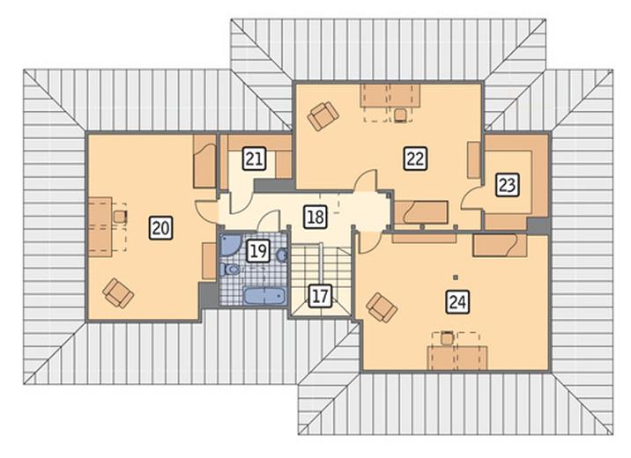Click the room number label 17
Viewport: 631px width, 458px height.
(320, 296)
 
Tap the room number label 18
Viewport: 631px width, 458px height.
(315, 217)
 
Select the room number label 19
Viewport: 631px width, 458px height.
(258, 251)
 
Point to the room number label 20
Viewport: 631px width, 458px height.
(161, 228)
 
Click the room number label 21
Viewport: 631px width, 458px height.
(255, 159)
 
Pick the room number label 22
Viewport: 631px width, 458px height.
(415, 158)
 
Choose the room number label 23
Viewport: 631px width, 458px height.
(507, 185)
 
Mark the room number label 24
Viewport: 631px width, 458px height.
(458, 301)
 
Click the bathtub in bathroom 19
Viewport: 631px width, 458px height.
(264, 296)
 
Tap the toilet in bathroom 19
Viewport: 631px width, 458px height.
(230, 269)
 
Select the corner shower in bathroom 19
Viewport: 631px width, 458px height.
(230, 245)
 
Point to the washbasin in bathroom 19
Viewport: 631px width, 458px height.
(282, 255)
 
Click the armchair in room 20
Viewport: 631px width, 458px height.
(118, 293)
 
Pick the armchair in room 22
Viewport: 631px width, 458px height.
(323, 116)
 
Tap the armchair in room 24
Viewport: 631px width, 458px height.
(382, 307)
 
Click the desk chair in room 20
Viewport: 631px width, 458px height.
(120, 218)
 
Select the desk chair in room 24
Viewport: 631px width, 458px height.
(446, 337)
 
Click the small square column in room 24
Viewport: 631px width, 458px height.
(456, 277)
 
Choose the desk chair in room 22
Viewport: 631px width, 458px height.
(399, 114)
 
